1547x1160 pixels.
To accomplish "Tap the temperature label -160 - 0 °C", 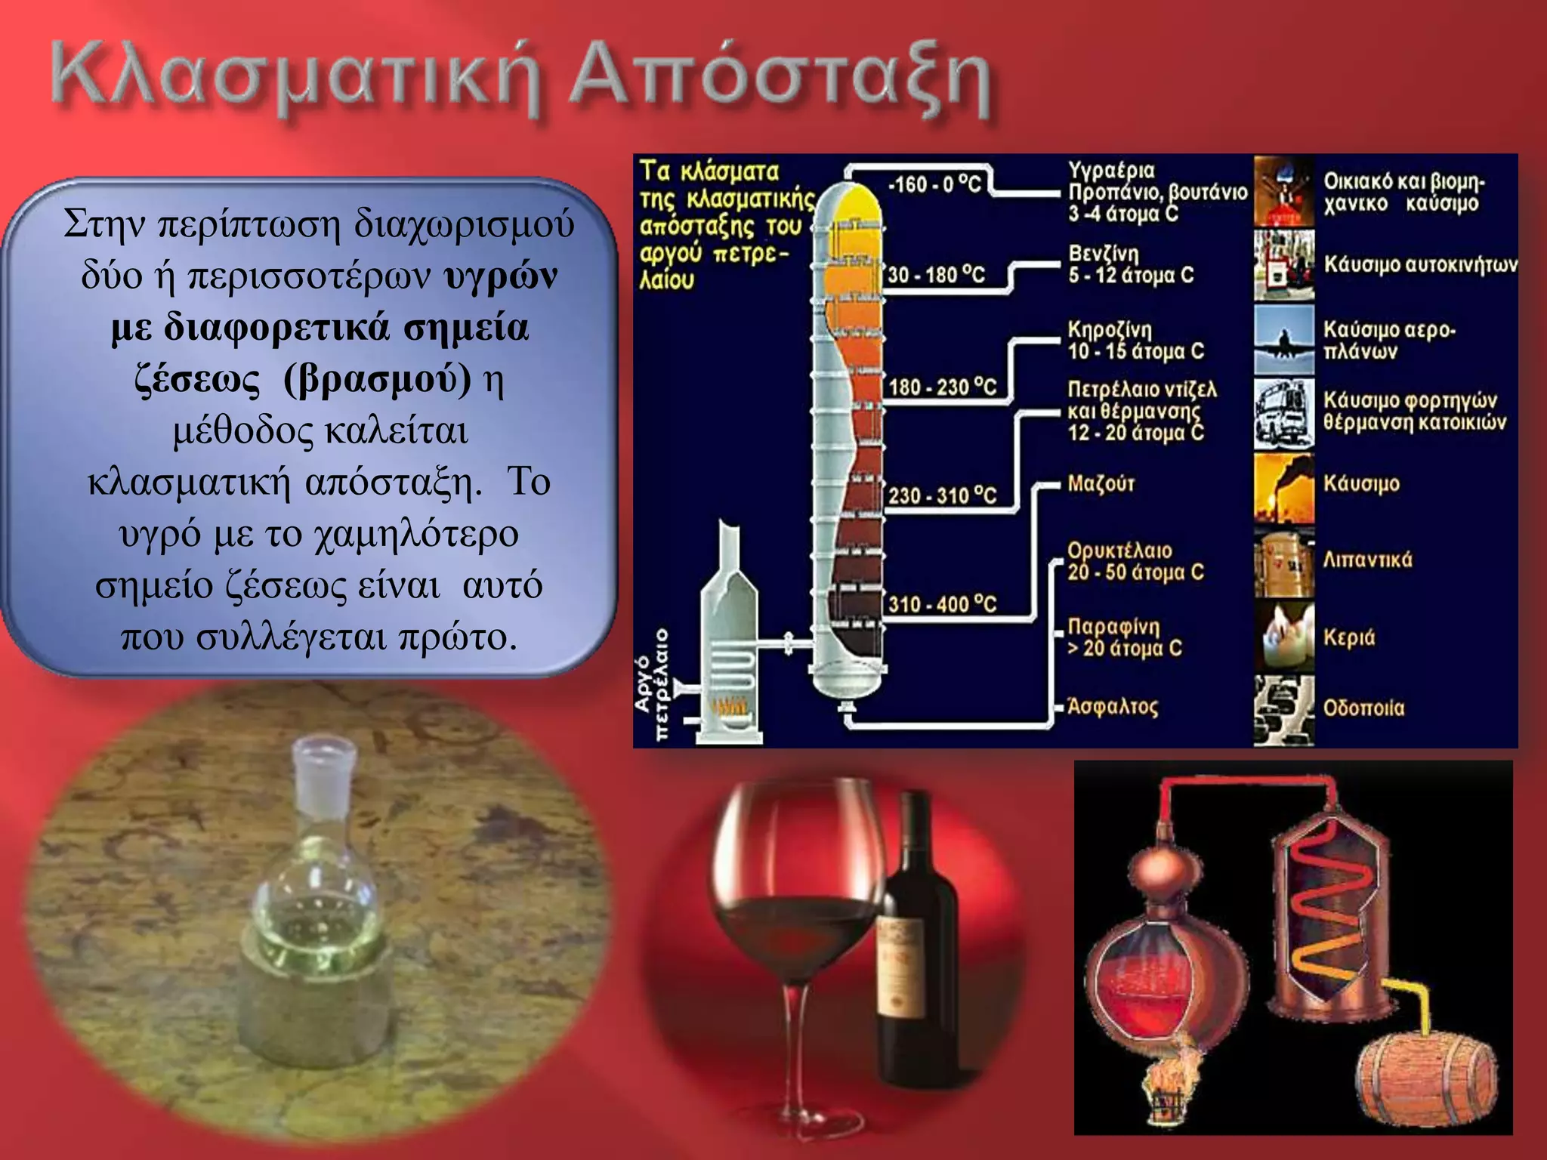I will click(x=935, y=184).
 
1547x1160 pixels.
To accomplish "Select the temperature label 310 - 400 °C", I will click(x=942, y=604).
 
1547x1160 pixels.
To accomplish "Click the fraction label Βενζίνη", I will click(x=1104, y=254).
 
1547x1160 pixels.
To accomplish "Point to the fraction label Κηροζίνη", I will click(x=1109, y=330).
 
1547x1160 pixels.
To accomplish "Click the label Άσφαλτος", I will click(x=1112, y=707).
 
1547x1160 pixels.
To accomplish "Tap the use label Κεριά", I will click(x=1348, y=637).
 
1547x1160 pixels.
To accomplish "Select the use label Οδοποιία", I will click(x=1363, y=708).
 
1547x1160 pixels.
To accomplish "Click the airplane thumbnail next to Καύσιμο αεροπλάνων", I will click(x=1283, y=340).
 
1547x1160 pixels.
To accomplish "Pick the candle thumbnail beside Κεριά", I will click(x=1283, y=636).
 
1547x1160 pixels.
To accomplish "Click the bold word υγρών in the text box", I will click(x=501, y=276).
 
